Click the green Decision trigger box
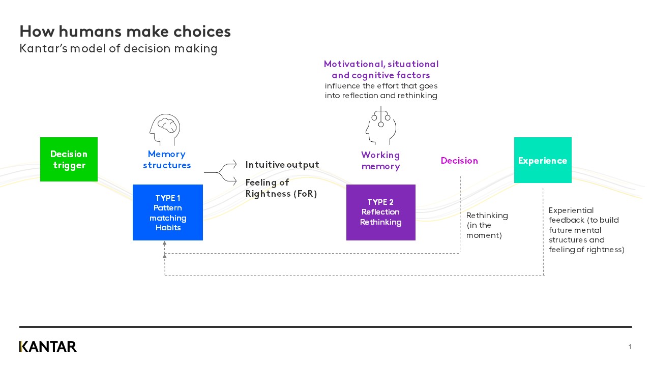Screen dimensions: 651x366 [x=69, y=159]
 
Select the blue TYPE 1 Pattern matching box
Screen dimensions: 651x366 [x=168, y=212]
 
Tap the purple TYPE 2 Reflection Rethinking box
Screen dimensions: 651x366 [x=380, y=212]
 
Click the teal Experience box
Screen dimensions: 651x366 [x=543, y=160]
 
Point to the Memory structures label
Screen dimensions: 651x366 [x=167, y=160]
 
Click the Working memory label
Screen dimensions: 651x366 [x=380, y=161]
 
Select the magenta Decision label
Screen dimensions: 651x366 [x=459, y=161]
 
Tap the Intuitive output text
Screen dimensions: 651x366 [x=282, y=165]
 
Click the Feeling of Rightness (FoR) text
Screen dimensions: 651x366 [x=281, y=188]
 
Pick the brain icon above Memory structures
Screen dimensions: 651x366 [x=165, y=130]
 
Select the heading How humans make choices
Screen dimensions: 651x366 [x=125, y=32]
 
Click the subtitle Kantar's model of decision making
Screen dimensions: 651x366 [x=119, y=49]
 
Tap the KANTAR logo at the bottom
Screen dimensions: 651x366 [x=48, y=347]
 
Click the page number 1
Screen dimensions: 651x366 [x=630, y=347]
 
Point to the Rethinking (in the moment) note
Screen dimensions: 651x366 [x=487, y=225]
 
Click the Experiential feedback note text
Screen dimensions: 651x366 [x=586, y=230]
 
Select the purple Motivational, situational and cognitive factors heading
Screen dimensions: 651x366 [x=381, y=70]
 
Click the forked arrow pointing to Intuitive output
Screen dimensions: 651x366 [x=221, y=172]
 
